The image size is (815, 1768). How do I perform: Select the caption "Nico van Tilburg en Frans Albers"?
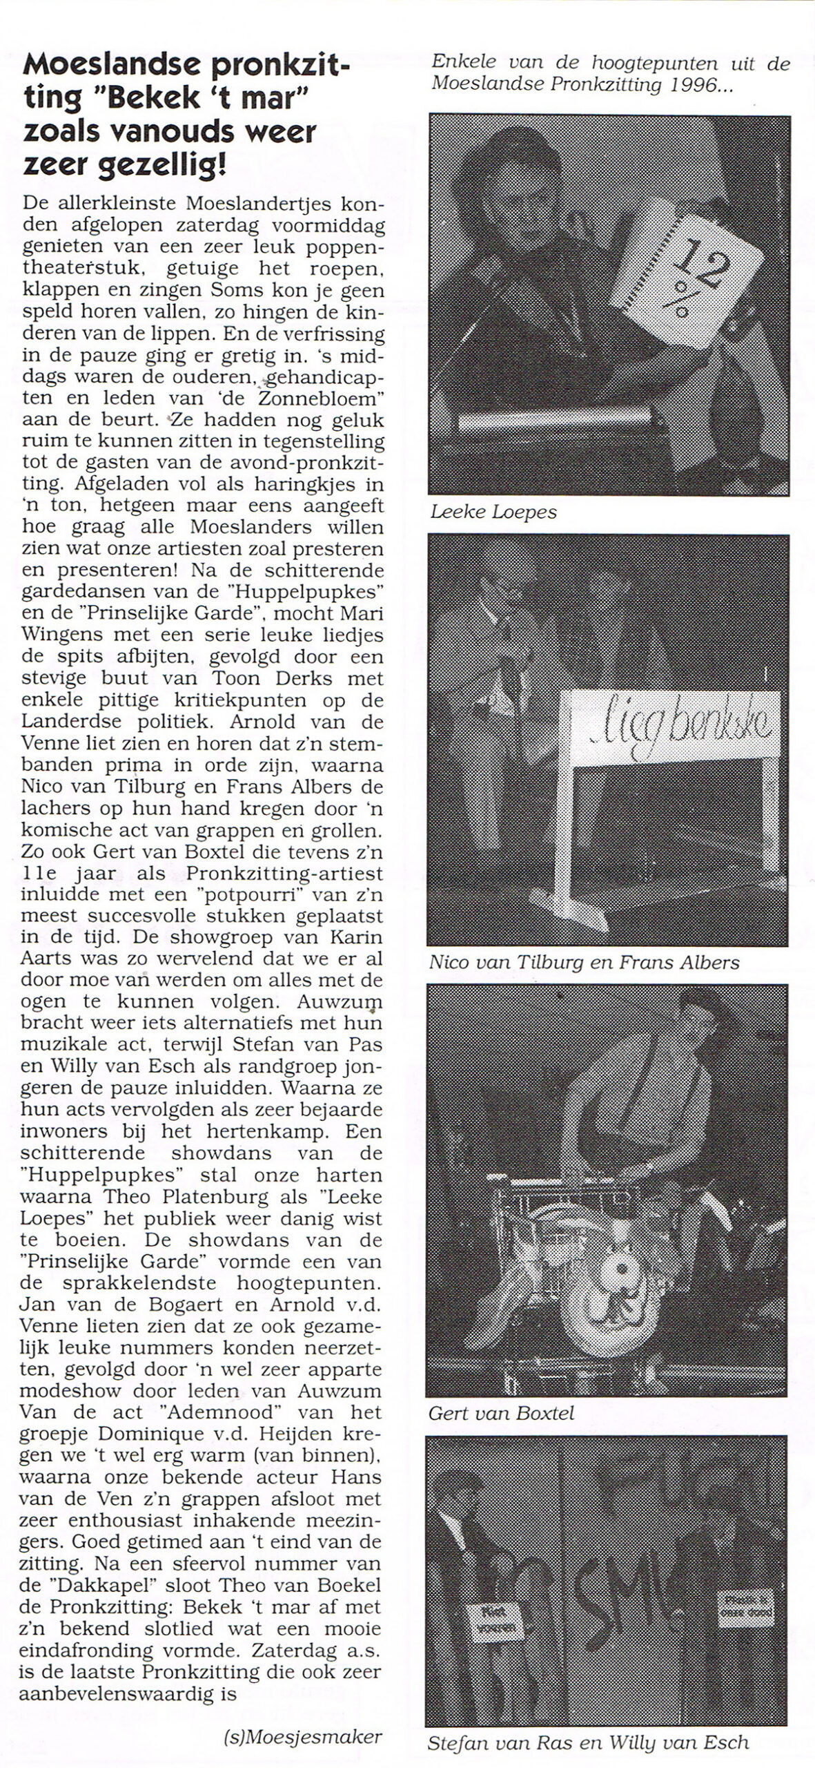click(x=584, y=963)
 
